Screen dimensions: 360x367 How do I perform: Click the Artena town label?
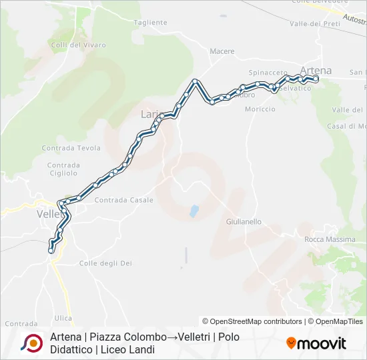[316, 71]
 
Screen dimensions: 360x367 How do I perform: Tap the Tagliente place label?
[150, 22]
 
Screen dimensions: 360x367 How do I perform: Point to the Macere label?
[222, 51]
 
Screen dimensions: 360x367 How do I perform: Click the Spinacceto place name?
[268, 72]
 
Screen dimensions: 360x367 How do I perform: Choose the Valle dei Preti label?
[315, 23]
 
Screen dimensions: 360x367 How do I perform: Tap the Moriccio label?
[260, 109]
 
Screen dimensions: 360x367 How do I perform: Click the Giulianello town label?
[244, 221]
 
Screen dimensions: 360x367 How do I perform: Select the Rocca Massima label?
[328, 239]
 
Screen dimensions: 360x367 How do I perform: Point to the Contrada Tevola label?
[71, 148]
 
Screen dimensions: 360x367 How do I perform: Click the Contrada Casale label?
[123, 200]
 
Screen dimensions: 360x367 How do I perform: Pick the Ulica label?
[64, 318]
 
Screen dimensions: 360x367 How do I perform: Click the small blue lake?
[194, 211]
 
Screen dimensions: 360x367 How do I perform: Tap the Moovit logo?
[316, 343]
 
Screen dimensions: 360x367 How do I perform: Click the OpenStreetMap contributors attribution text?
[252, 321]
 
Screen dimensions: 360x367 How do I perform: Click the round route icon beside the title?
[31, 343]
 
